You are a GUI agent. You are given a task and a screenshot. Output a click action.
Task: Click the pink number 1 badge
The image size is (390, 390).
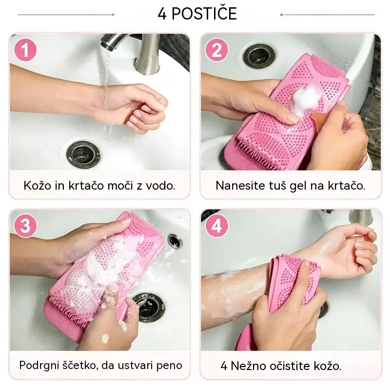pyautogui.click(x=25, y=50)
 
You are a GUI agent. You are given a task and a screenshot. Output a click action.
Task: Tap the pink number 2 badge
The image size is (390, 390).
pyautogui.click(x=216, y=50)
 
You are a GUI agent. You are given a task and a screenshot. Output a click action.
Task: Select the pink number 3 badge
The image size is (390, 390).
pyautogui.click(x=25, y=226)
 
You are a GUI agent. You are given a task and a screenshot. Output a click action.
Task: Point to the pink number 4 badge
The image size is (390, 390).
pyautogui.click(x=216, y=226)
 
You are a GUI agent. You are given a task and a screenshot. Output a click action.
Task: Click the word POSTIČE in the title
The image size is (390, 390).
pyautogui.click(x=204, y=14)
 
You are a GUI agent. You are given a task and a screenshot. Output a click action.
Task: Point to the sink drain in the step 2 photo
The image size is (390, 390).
pyautogui.click(x=259, y=57)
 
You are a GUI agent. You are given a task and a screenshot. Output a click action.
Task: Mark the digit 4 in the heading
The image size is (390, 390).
pyautogui.click(x=162, y=14)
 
